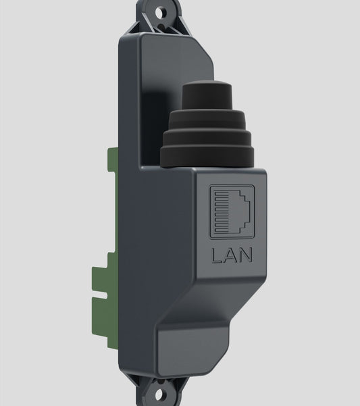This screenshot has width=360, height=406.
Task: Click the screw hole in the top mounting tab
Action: (x=161, y=11)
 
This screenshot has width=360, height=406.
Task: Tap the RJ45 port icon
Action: (x=232, y=211)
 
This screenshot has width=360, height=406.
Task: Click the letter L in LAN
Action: (x=217, y=255)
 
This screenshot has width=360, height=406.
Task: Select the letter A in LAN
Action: (x=231, y=255)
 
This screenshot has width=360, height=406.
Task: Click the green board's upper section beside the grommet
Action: (x=113, y=176)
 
